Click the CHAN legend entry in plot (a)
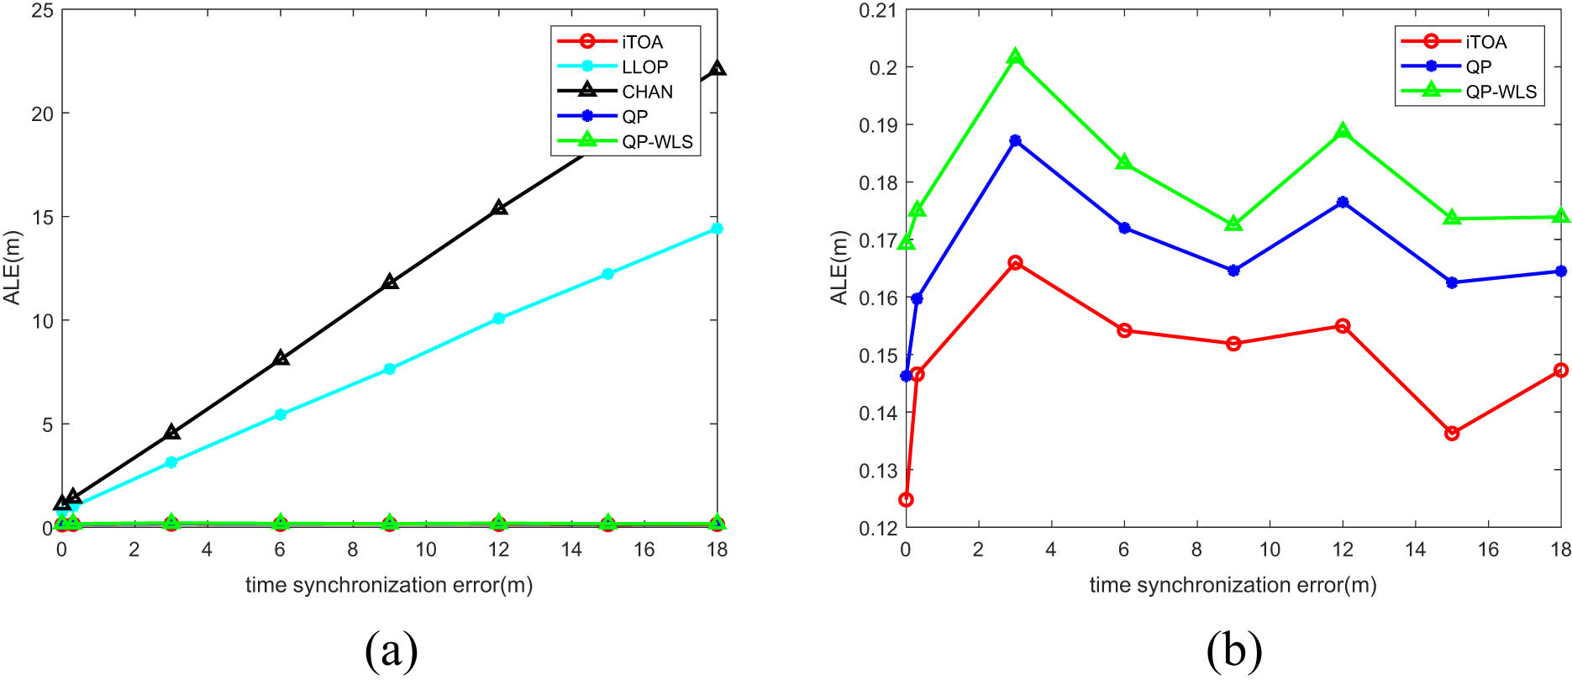(x=647, y=92)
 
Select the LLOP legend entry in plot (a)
(x=644, y=66)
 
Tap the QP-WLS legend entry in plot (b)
(x=1501, y=92)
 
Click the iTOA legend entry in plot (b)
(x=1485, y=42)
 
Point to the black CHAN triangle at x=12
(x=499, y=208)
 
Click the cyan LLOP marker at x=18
(x=717, y=229)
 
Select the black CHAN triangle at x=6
(x=281, y=358)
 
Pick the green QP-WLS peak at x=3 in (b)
(x=1015, y=57)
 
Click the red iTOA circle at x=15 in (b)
(x=1452, y=433)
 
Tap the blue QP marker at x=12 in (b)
(x=1343, y=203)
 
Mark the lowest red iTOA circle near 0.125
(x=906, y=500)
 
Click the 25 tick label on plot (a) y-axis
(x=40, y=10)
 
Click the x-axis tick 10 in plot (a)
(x=426, y=550)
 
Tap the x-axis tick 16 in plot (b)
(x=1488, y=550)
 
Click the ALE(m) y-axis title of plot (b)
(x=839, y=268)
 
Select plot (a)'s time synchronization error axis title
(x=389, y=585)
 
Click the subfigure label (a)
(x=391, y=650)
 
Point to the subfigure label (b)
(x=1234, y=650)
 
